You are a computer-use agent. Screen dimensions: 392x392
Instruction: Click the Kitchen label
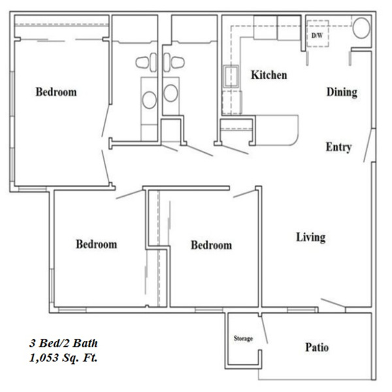[x=269, y=75]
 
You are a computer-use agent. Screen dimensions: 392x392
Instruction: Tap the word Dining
[x=342, y=92]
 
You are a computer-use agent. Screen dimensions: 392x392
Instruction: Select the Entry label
[x=338, y=147]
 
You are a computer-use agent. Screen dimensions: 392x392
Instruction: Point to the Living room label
[x=311, y=237]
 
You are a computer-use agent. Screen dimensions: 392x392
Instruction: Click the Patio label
[x=317, y=348]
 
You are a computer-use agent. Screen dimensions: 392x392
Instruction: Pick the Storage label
[x=243, y=338]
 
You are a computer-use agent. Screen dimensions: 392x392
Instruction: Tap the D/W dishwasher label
[x=317, y=35]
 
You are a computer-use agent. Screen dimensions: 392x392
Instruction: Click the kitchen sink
[x=231, y=76]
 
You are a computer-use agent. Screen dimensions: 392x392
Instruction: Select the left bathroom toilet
[x=146, y=62]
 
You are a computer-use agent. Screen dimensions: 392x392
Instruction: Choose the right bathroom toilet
[x=174, y=62]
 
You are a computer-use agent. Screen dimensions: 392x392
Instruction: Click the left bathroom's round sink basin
[x=149, y=100]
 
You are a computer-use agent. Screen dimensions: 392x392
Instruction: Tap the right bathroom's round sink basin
[x=171, y=93]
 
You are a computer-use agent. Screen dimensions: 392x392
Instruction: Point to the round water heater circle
[x=361, y=27]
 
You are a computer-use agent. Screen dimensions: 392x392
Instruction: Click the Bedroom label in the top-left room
[x=56, y=92]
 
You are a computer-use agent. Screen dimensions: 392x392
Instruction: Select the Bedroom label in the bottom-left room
[x=97, y=244]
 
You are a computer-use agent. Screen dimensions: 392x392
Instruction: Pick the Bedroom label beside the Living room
[x=212, y=245]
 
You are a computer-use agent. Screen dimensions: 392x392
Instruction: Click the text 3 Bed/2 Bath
[x=63, y=343]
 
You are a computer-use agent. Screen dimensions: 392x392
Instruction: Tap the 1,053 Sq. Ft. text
[x=63, y=358]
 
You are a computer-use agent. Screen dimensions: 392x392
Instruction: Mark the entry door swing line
[x=368, y=146]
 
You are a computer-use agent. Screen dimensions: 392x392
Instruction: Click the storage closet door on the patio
[x=264, y=330]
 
